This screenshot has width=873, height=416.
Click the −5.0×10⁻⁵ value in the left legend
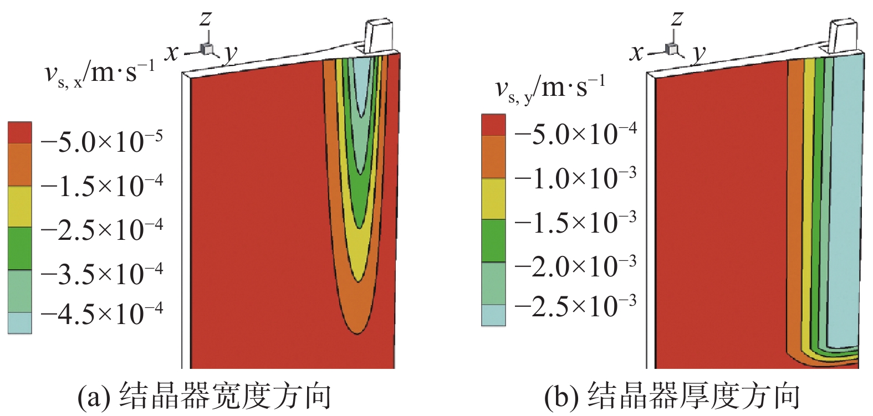coord(102,142)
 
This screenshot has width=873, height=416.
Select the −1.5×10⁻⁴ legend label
coord(102,186)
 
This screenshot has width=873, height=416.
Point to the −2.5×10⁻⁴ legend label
coord(102,229)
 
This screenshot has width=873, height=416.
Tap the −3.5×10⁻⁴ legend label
coord(102,273)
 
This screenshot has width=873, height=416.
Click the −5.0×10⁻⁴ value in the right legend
coord(576,133)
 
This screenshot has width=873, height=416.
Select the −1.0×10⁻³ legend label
coord(576,178)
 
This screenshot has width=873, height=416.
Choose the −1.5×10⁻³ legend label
coord(576,222)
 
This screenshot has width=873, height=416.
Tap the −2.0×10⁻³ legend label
coord(576,266)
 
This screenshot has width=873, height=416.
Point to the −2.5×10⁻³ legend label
coord(576,306)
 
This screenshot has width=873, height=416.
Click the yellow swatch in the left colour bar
coord(20,207)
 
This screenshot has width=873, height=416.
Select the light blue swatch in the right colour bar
coord(493,315)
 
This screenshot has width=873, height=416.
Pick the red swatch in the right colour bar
coord(493,125)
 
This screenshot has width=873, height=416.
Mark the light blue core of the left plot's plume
coord(362,83)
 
